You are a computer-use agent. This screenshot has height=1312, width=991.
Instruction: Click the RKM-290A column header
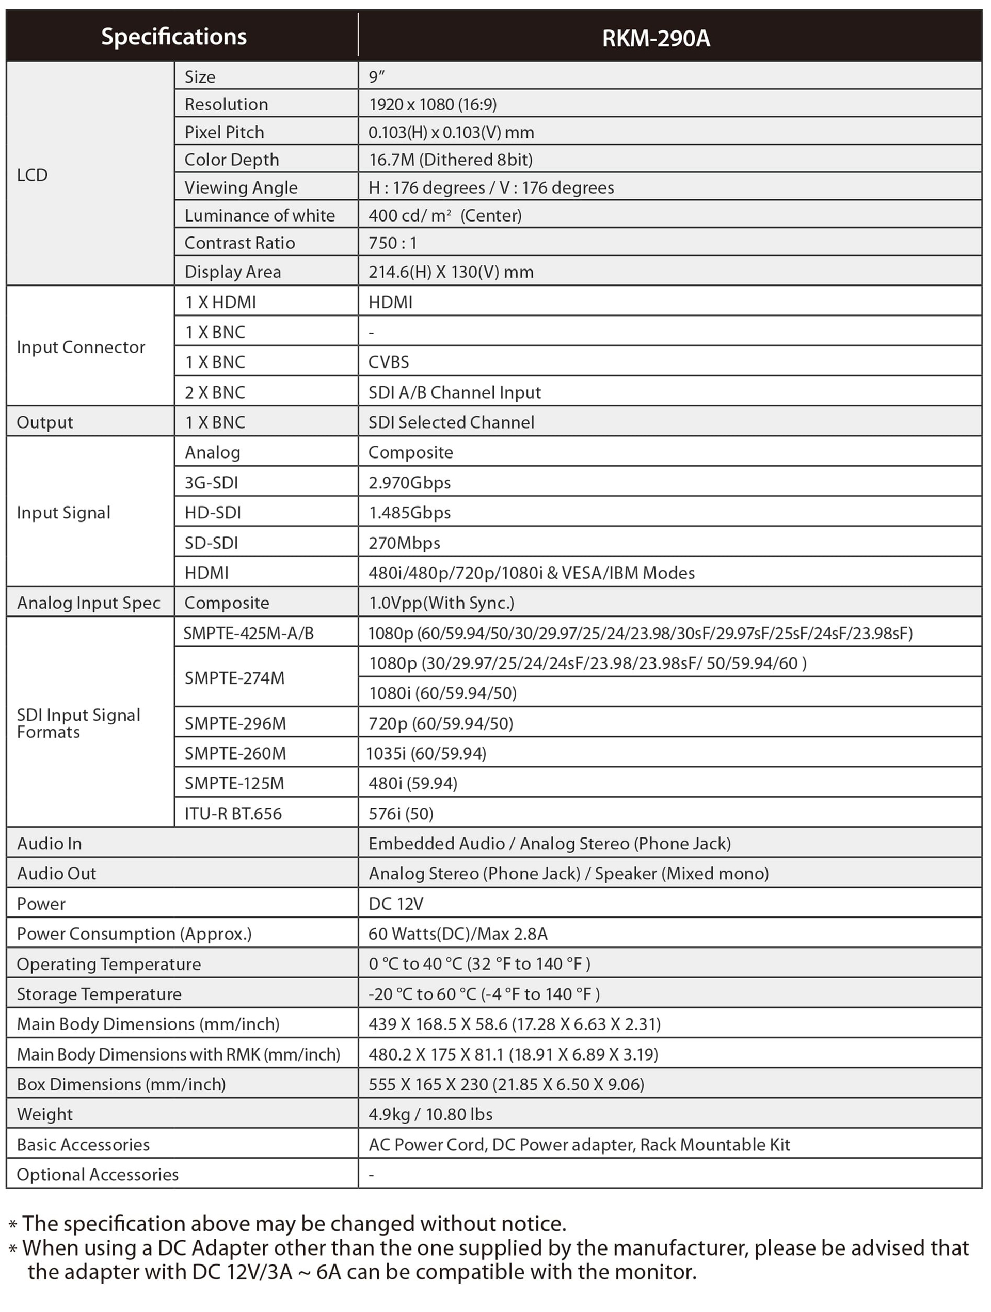pos(656,38)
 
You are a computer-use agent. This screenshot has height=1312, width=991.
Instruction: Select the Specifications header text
pos(174,37)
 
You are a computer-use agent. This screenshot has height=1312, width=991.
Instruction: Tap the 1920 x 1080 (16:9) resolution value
pos(433,104)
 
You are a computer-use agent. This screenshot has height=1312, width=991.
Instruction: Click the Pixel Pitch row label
pos(224,132)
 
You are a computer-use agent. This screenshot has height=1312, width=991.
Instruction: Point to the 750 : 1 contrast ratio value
pos(393,243)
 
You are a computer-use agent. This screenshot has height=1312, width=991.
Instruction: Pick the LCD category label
pos(32,175)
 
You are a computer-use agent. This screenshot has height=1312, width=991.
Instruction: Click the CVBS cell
pos(389,362)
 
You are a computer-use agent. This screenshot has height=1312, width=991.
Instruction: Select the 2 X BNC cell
pos(215,392)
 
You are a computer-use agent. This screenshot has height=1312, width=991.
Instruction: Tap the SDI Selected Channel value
pos(451,422)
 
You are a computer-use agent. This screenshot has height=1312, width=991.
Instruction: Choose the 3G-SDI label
pos(211,483)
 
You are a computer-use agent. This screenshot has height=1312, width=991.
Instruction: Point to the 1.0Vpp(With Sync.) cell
pos(441,603)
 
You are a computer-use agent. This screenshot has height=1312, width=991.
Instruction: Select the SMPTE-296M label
pos(235,723)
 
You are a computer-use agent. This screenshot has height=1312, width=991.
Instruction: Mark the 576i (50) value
pos(401,813)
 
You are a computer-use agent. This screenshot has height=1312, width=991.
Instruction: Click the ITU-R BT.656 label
pos(233,813)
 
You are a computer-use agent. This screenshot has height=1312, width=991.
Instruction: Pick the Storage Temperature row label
pos(99,994)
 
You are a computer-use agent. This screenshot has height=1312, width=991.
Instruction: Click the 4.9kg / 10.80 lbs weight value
pos(430,1114)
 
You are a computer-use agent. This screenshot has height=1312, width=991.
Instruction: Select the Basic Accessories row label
pos(83,1145)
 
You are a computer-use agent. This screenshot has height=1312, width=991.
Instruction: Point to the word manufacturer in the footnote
pos(680,1248)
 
